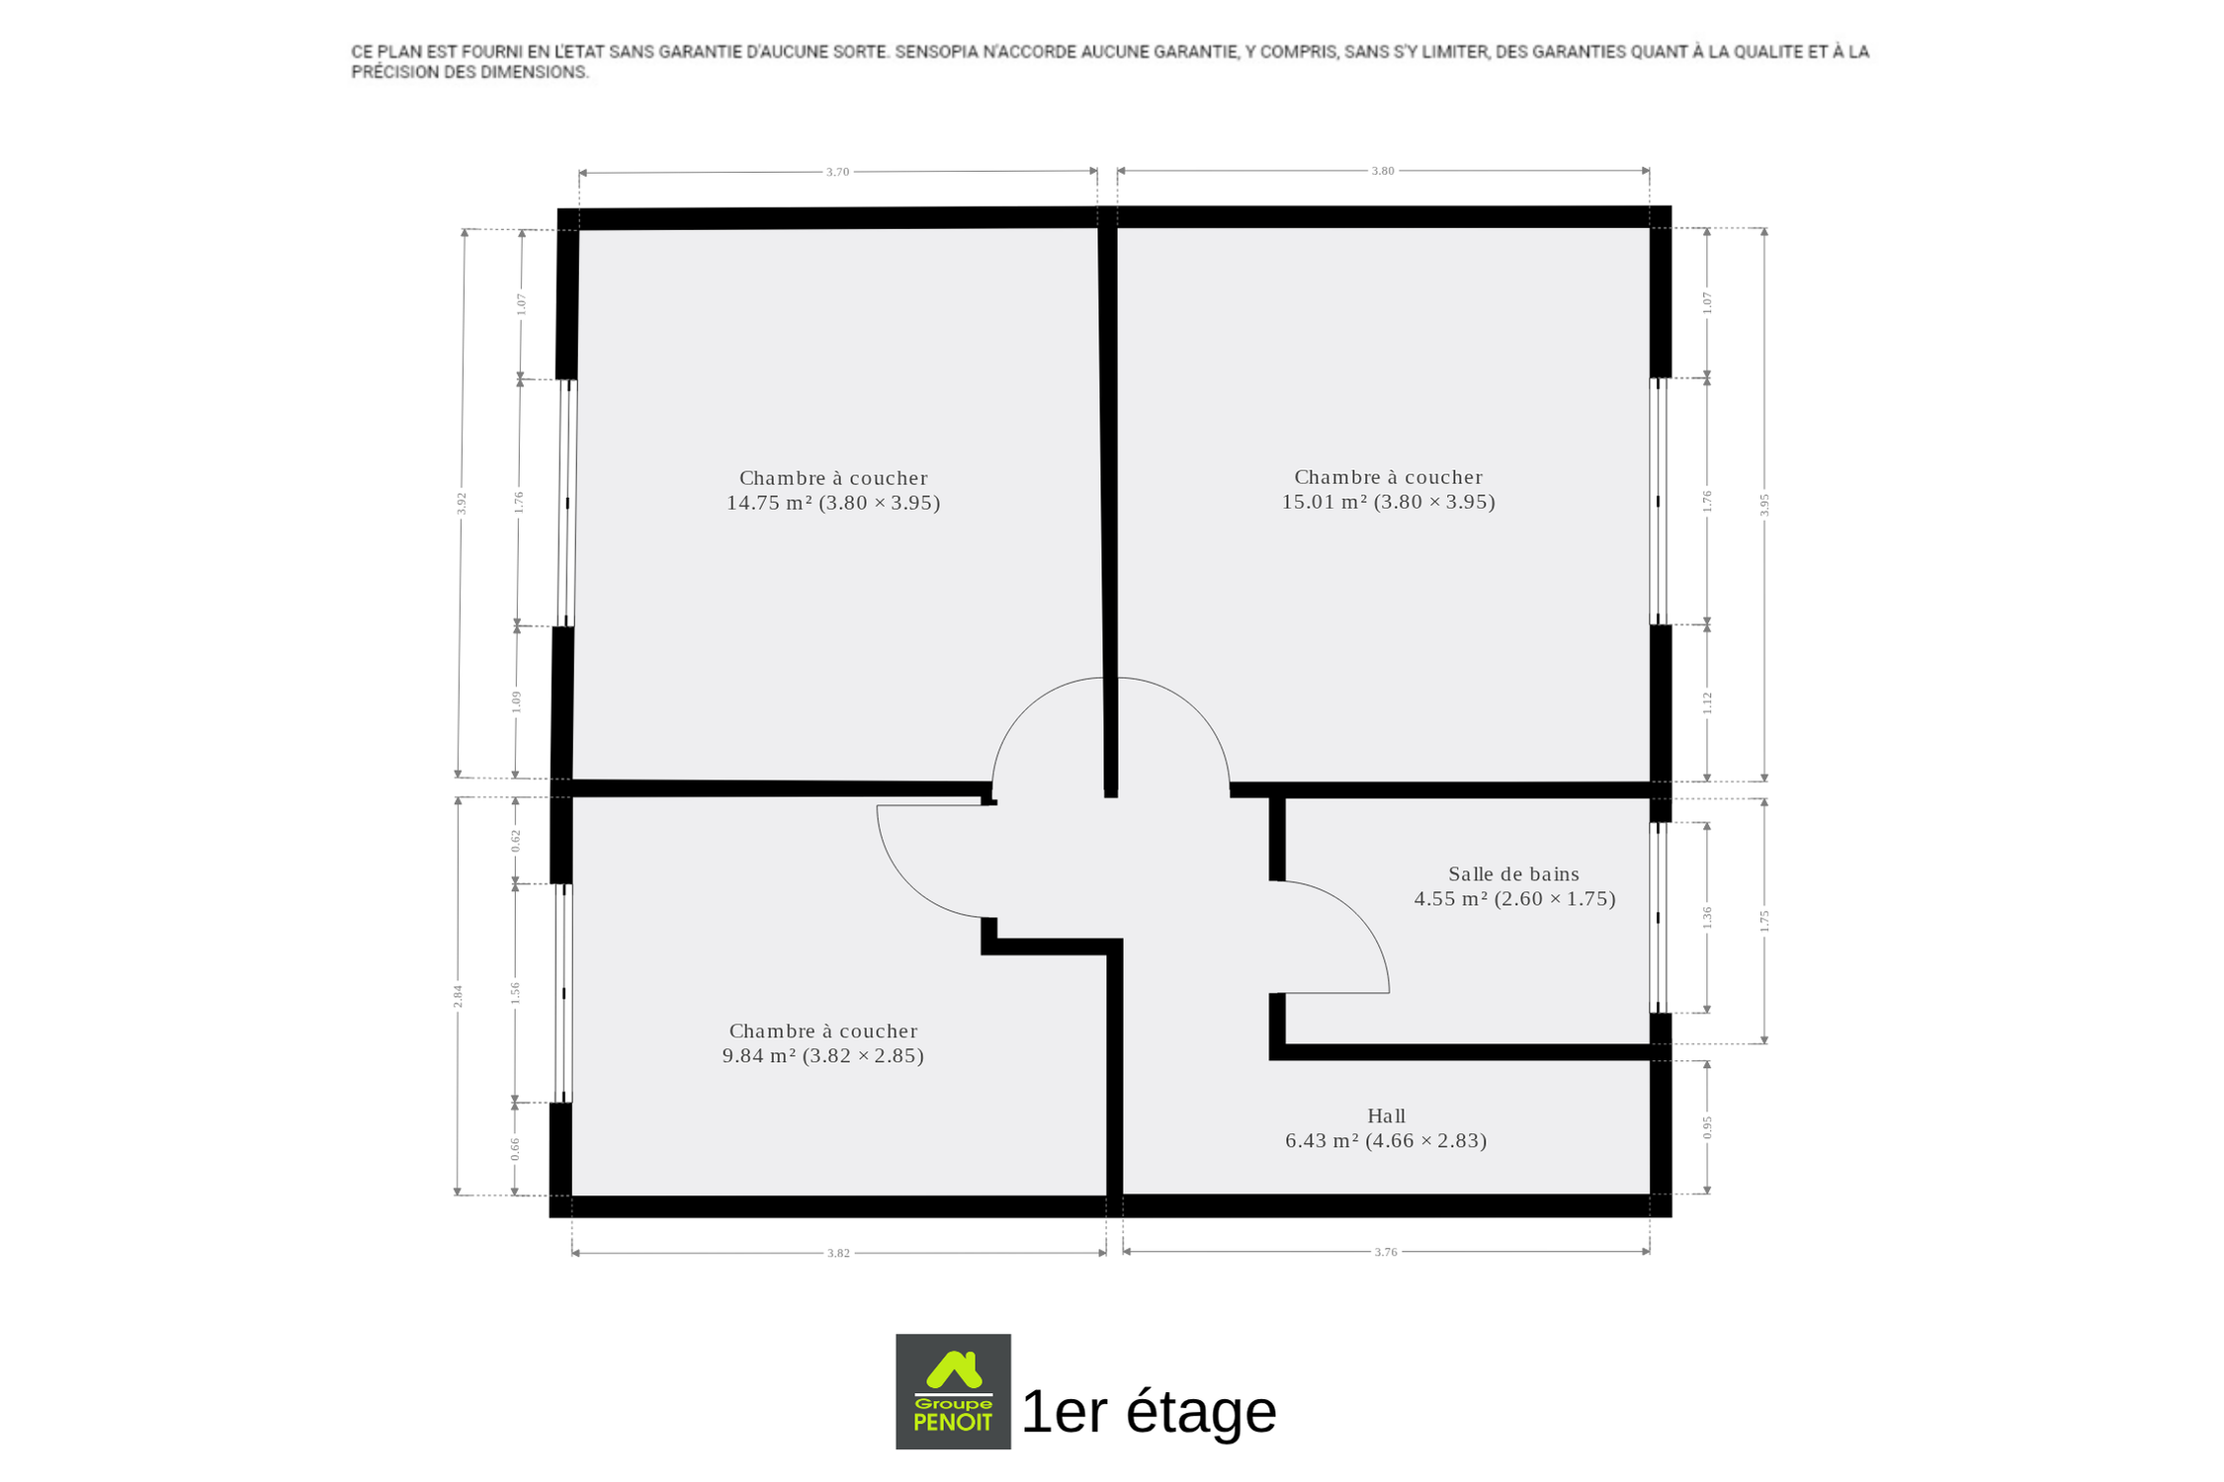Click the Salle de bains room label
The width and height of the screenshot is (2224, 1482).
1513,874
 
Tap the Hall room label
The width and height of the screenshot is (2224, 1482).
1386,1116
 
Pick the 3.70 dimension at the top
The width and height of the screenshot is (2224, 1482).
837,172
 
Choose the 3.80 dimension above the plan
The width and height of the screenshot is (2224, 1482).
1382,171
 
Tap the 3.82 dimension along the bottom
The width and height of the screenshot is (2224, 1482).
838,1253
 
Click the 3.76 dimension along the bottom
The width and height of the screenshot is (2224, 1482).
1386,1252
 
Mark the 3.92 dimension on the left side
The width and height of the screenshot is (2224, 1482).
461,504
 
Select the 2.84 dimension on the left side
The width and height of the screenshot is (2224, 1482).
458,996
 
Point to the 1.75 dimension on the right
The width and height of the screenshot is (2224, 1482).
1764,921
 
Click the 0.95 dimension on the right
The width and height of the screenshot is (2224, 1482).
1707,1127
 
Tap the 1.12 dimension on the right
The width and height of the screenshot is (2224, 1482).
1707,702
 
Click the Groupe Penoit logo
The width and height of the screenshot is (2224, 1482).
953,1392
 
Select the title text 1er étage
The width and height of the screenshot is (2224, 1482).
1149,1411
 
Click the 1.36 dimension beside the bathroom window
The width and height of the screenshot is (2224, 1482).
1707,917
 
